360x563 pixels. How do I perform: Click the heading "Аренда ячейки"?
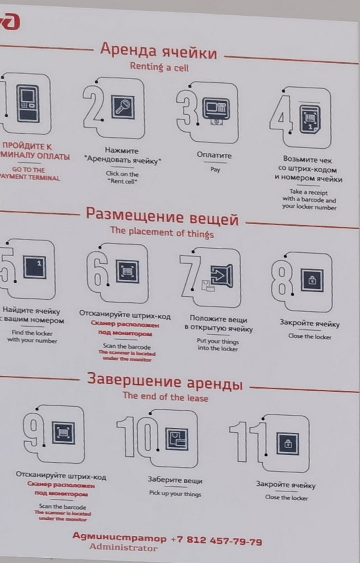(158, 51)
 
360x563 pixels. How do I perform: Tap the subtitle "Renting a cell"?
(159, 67)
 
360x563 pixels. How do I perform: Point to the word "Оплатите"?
(214, 155)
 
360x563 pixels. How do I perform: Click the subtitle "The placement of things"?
(161, 232)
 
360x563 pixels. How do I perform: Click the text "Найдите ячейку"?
(31, 311)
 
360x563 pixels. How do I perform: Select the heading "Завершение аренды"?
(165, 382)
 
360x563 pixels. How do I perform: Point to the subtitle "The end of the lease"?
(165, 397)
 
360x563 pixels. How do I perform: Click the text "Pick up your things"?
(175, 494)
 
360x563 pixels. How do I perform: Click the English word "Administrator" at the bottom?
(123, 548)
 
